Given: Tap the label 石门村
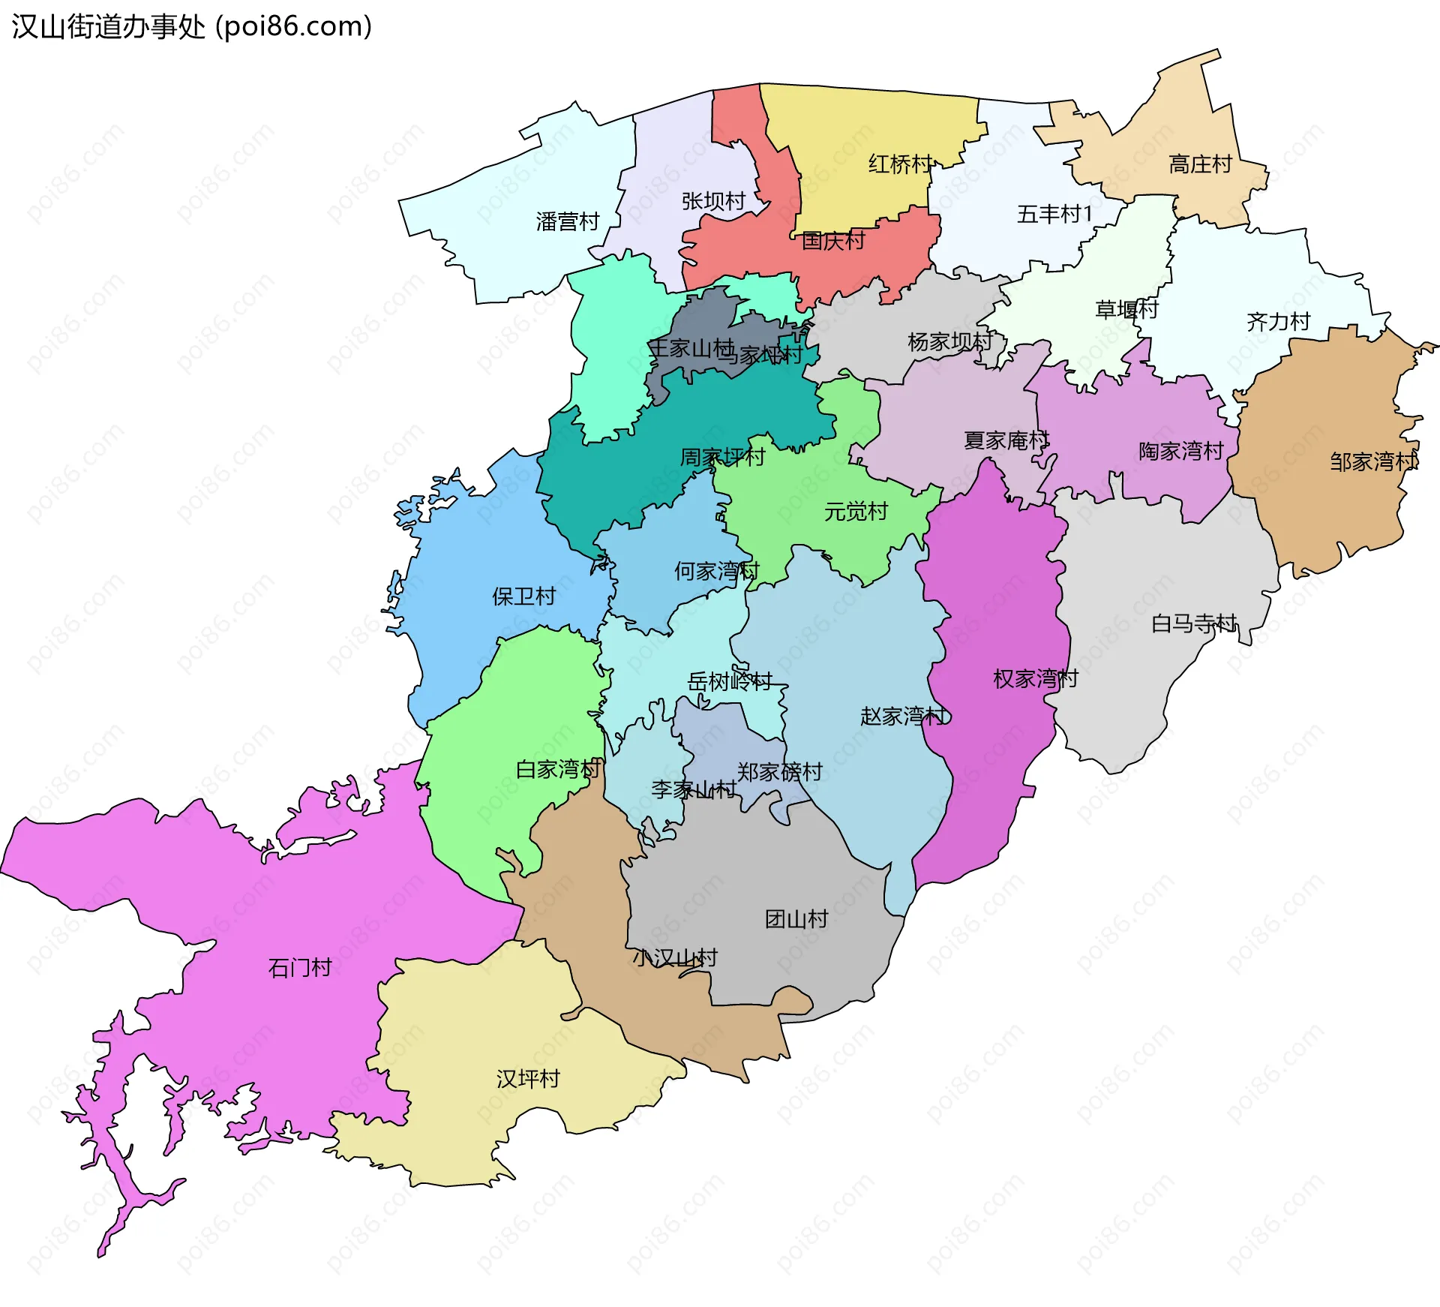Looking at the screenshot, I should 300,968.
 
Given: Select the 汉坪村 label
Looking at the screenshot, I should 528,1079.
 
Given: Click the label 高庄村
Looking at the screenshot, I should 1200,164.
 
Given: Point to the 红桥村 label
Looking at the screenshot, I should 900,164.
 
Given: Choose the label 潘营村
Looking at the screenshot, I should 568,221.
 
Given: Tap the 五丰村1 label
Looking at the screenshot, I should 1054,215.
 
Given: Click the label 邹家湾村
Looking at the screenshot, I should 1373,461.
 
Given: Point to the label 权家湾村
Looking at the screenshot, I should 1035,679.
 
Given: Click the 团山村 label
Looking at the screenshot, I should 796,919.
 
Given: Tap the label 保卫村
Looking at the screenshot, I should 523,596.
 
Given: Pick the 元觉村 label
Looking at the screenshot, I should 856,512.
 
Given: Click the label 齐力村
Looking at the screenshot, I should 1278,322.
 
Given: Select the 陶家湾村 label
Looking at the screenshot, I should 1180,451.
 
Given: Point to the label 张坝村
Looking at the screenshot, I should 713,201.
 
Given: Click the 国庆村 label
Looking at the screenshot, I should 832,241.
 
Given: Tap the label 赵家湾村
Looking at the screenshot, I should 903,717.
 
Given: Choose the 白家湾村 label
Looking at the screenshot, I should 559,769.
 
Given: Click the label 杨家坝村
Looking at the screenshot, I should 950,342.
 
